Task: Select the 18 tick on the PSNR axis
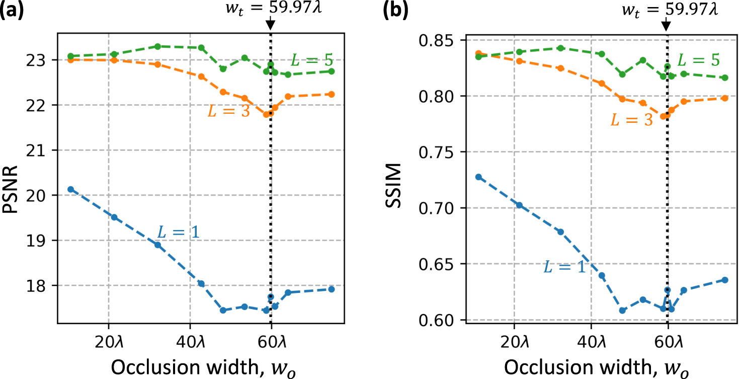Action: (x=45, y=285)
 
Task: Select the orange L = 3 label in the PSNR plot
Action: (x=228, y=111)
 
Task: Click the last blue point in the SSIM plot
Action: (x=725, y=280)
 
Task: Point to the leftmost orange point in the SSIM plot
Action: (x=478, y=53)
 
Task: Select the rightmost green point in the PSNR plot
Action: (x=332, y=71)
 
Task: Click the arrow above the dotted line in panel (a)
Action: (x=271, y=23)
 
